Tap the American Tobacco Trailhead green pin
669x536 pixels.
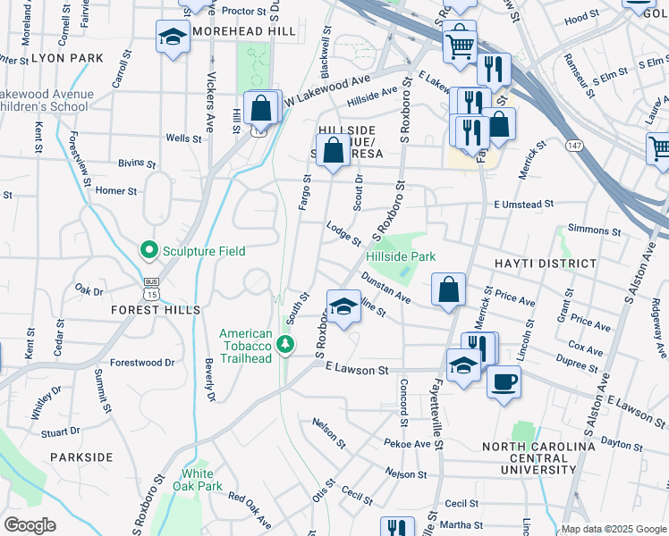point(285,343)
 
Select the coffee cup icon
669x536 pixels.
point(504,381)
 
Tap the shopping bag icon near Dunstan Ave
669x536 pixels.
point(448,289)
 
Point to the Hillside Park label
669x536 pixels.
point(401,256)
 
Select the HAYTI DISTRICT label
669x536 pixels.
point(545,264)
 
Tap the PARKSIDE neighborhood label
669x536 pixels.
point(81,456)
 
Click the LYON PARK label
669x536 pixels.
point(68,58)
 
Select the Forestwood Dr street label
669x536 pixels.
point(141,363)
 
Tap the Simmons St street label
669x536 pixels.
point(587,230)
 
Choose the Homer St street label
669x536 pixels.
point(116,190)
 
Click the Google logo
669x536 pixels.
point(30,525)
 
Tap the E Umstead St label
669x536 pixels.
point(529,205)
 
